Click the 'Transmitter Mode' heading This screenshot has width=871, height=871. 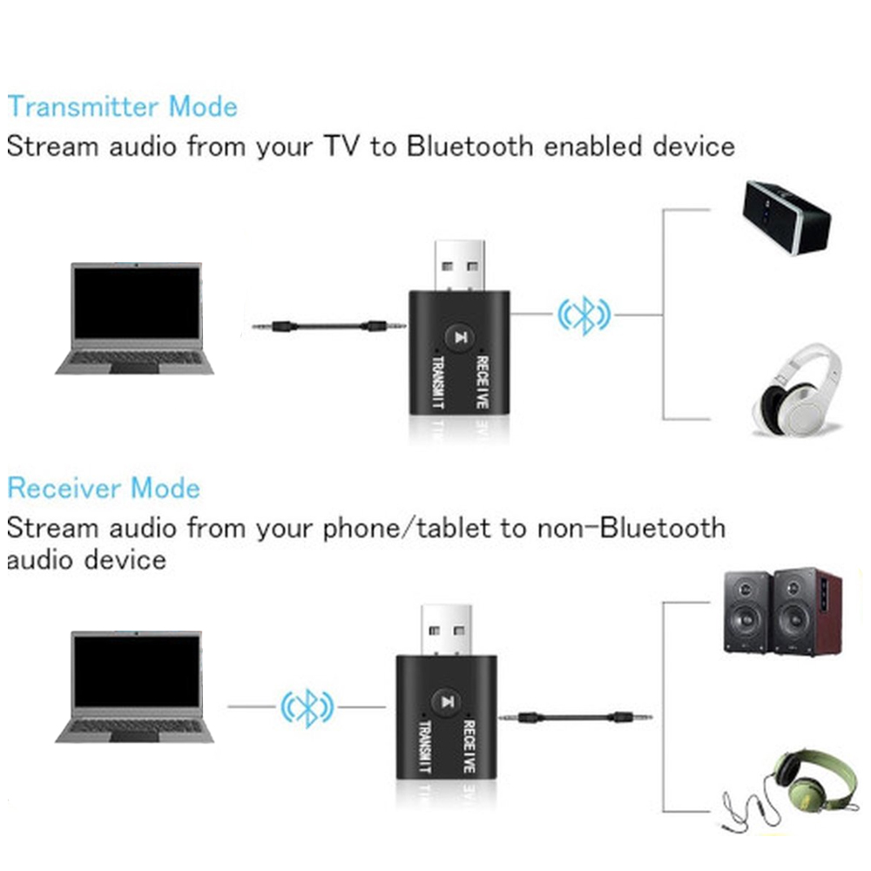pos(122,106)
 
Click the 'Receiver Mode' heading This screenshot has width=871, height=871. pos(104,488)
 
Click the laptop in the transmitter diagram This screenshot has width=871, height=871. pos(134,318)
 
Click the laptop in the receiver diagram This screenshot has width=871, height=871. pos(134,686)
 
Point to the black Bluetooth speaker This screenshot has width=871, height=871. pos(787,217)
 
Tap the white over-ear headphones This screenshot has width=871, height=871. pos(797,390)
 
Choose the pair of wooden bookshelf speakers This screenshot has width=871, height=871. pos(783,611)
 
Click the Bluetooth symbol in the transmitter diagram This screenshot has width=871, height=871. pos(584,315)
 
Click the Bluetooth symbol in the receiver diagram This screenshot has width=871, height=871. pos(307,707)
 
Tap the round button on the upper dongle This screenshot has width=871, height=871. pos(459,337)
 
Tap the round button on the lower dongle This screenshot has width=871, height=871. pos(446,701)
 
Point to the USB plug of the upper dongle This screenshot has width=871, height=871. pos(459,266)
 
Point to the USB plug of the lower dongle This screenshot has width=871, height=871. pos(446,631)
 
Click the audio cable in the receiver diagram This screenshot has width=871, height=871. pos(576,718)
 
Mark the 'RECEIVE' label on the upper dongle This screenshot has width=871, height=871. pos(483,382)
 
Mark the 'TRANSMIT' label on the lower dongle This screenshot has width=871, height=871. pos(425,746)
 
